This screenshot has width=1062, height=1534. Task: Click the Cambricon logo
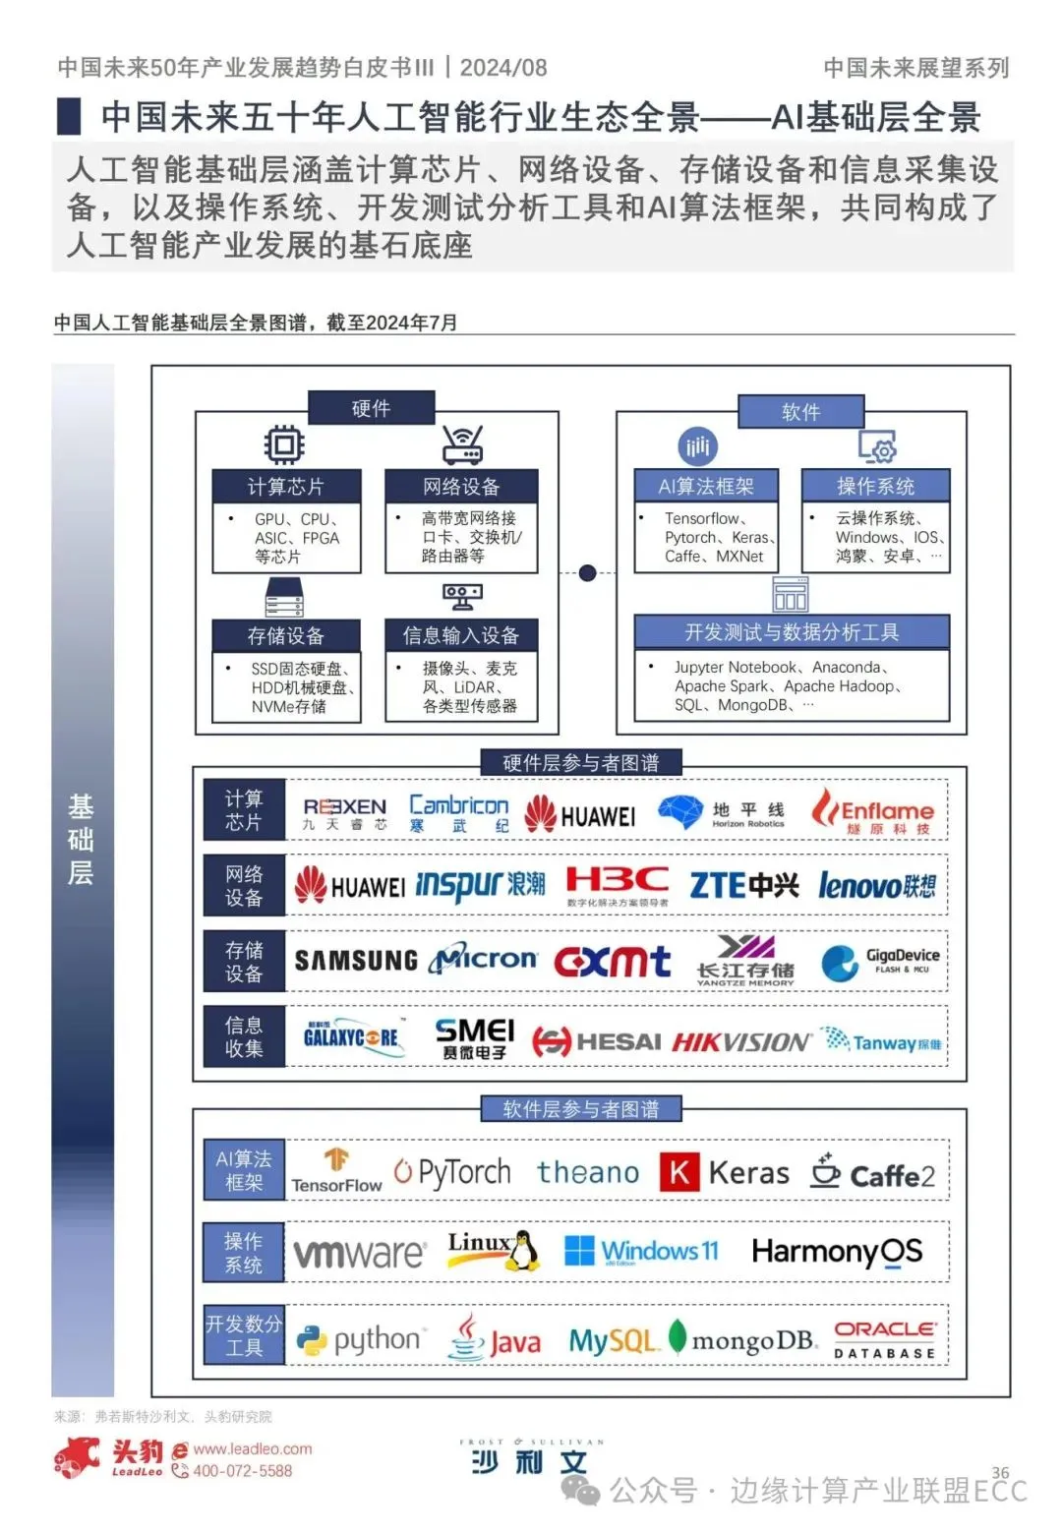point(459,813)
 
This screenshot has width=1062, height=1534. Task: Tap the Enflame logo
point(872,812)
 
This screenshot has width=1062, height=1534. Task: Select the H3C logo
point(617,884)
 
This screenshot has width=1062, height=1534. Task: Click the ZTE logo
point(743,885)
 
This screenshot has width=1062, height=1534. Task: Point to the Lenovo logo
point(876,886)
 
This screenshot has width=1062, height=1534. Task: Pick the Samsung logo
point(356,961)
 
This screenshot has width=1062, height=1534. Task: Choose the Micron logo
point(485,959)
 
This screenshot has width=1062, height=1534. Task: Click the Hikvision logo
point(741,1042)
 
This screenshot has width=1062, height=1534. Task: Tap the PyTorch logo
point(452,1171)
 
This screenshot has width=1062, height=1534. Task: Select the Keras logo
point(725,1172)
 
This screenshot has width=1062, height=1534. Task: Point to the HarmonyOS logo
point(837,1252)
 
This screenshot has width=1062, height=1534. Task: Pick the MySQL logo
point(612,1340)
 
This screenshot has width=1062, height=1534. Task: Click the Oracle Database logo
point(885,1340)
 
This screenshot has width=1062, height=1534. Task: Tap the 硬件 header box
point(371,408)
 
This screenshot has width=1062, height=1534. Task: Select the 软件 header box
point(800,412)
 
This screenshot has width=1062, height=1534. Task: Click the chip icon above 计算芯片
point(284,445)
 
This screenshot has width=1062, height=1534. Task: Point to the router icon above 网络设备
point(461,445)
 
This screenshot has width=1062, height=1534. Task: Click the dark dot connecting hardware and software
point(587,572)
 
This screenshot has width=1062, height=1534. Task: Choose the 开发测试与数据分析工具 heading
point(792,632)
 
